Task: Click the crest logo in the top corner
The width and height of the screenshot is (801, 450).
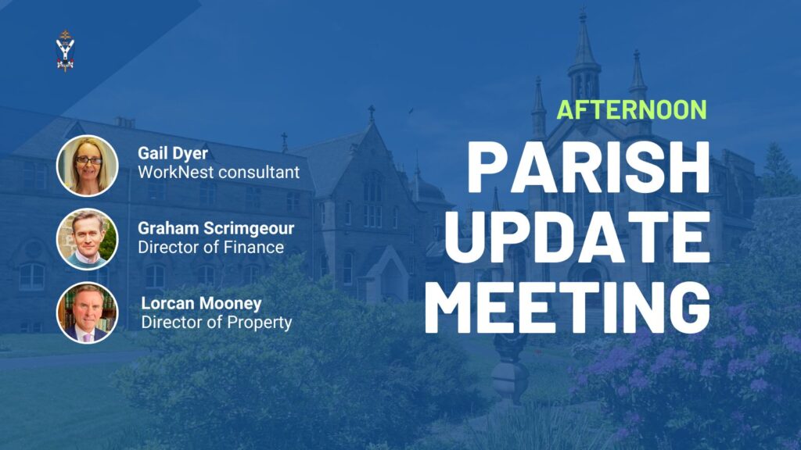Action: (65, 51)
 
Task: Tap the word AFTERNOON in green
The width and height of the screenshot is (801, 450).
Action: (631, 110)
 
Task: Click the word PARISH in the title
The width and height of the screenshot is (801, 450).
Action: (588, 166)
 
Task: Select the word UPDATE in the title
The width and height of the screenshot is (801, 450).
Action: (578, 237)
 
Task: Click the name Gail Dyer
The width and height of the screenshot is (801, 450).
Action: (173, 153)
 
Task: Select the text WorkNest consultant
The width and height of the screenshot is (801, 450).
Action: (219, 173)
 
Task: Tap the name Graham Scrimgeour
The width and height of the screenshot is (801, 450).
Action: (216, 228)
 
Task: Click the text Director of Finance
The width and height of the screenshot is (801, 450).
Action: (211, 248)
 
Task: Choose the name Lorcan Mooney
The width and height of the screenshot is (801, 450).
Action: (201, 303)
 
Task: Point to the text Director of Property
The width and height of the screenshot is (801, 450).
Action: (217, 323)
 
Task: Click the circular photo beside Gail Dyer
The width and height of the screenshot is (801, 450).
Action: (88, 166)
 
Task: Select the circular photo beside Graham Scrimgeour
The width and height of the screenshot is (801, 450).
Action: (88, 239)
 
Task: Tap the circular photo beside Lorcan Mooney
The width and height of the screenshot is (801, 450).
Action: (88, 312)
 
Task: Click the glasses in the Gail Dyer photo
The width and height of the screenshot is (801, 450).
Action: (88, 160)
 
